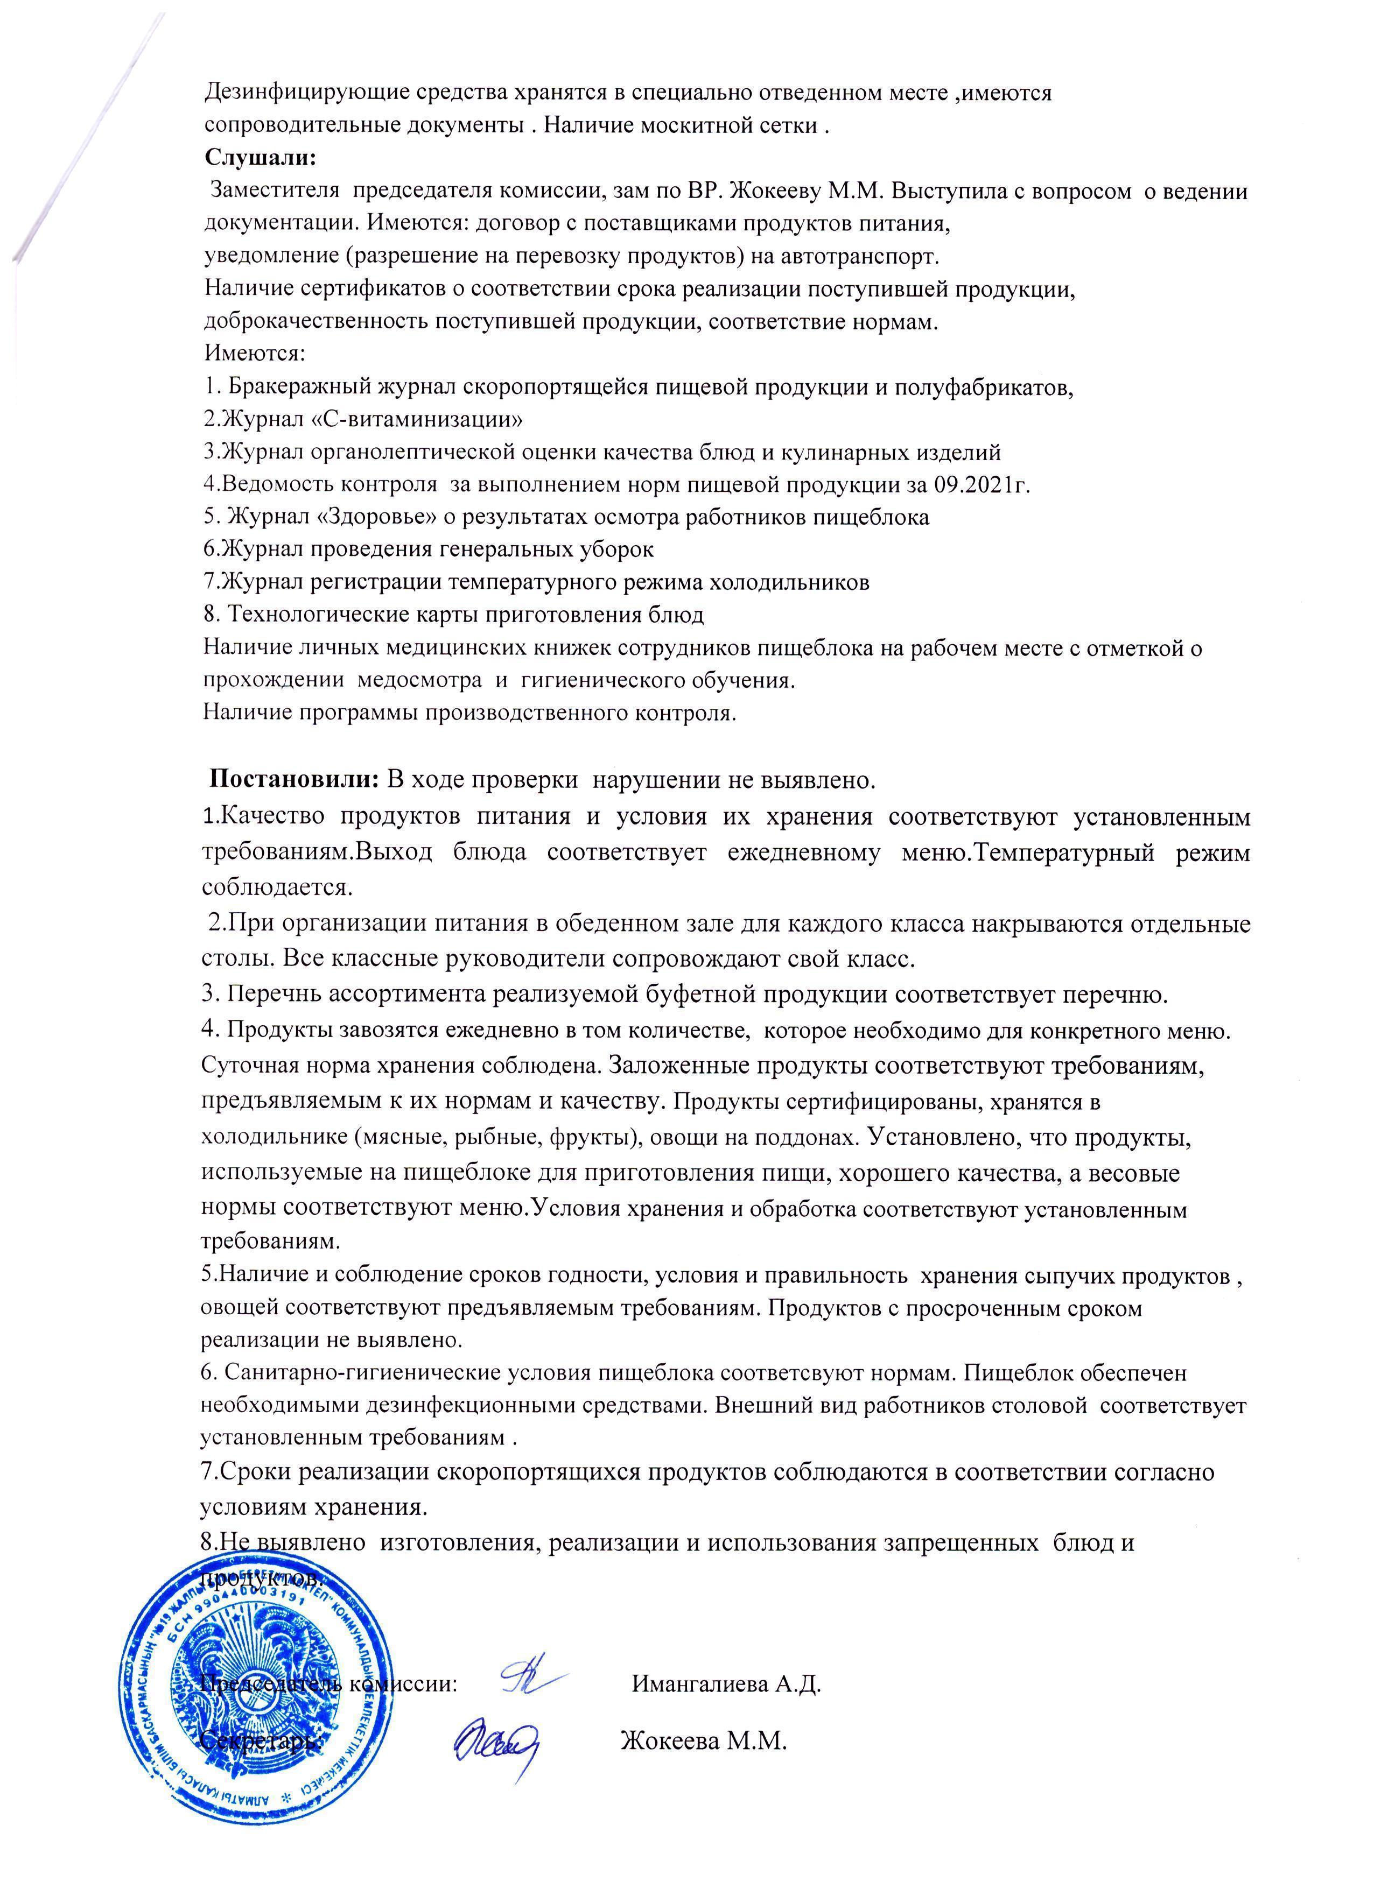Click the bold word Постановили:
[x=295, y=780]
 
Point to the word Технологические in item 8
[x=320, y=615]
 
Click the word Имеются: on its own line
[x=255, y=354]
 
